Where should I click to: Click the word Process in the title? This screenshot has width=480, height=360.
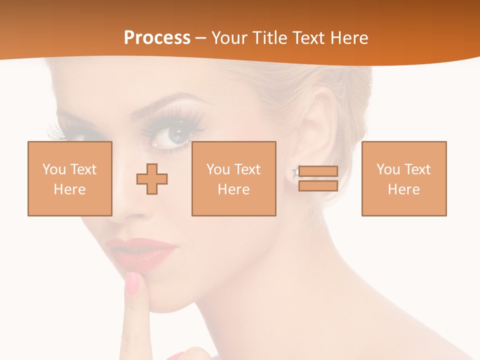157,38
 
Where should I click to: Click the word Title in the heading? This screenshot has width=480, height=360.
269,38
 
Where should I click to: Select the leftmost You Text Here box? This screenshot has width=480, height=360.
69,178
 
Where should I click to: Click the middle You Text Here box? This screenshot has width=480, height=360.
233,178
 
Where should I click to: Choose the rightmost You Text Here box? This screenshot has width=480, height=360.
403,178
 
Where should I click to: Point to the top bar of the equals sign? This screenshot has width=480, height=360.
318,171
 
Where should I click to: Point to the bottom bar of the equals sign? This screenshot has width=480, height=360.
318,186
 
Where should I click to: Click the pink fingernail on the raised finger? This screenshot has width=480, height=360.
133,282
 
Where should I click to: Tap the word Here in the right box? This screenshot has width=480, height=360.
403,189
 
